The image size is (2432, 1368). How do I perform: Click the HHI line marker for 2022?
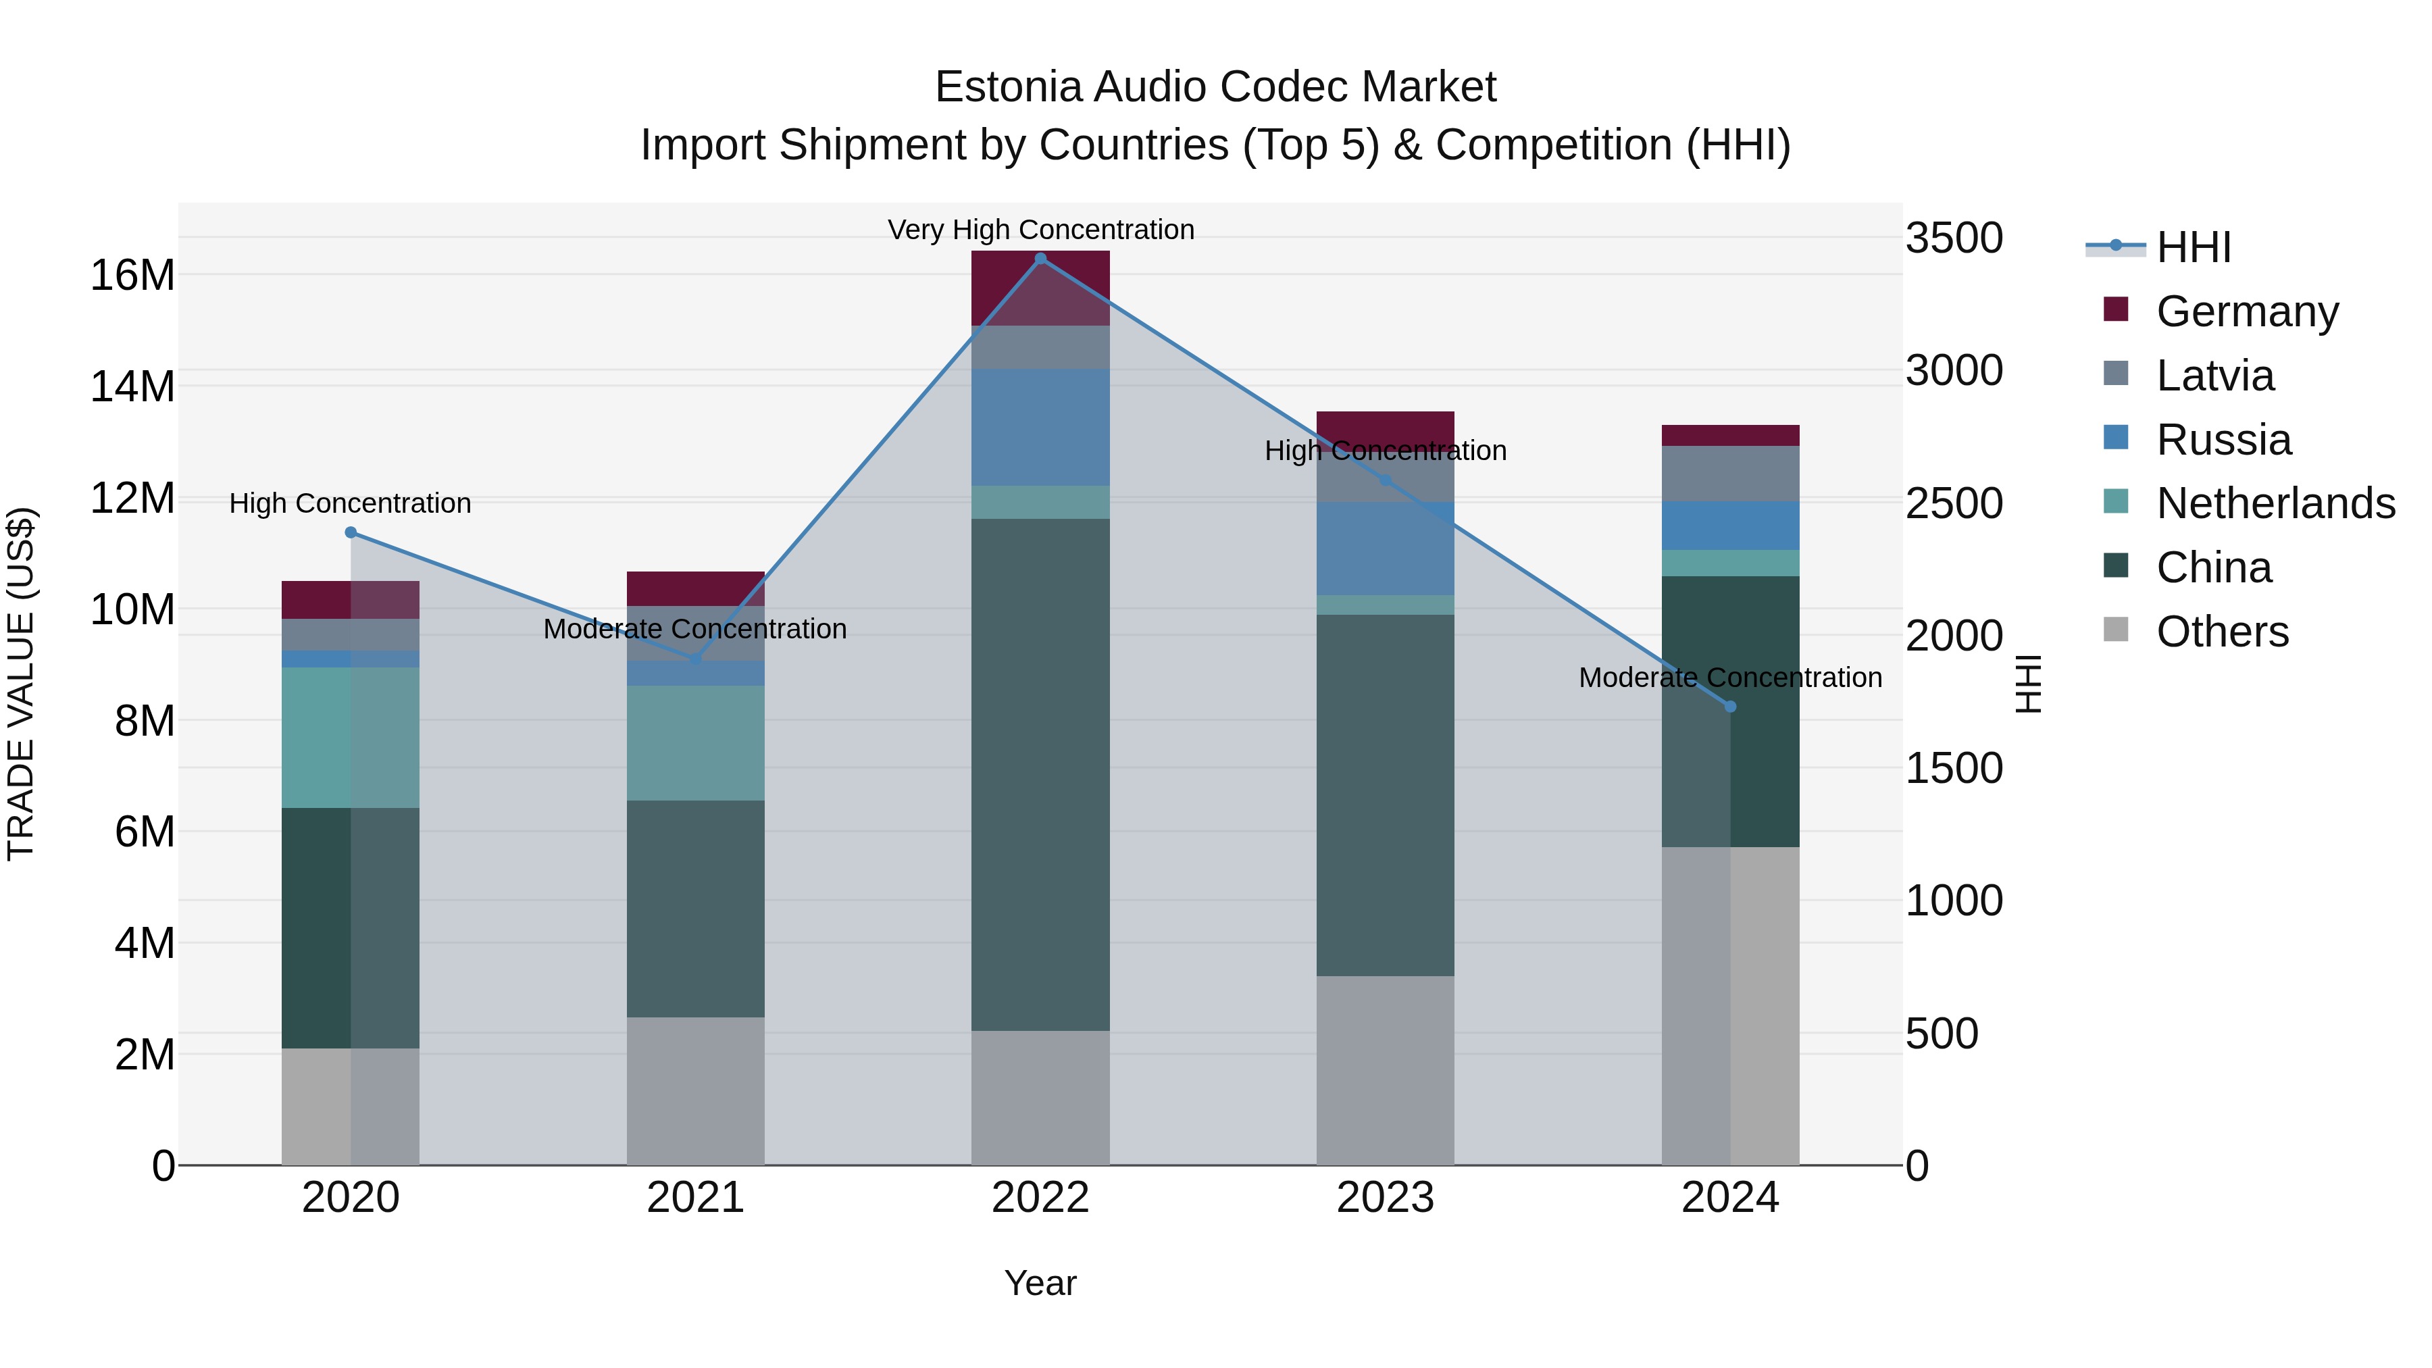pyautogui.click(x=1040, y=259)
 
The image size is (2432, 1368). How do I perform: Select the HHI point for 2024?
pyautogui.click(x=1729, y=706)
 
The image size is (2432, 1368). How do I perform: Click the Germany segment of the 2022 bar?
pyautogui.click(x=1040, y=288)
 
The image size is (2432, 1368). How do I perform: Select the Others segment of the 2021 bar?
pyautogui.click(x=695, y=1090)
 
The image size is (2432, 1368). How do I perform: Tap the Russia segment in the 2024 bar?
pyautogui.click(x=1729, y=526)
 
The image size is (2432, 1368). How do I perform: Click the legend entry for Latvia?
pyautogui.click(x=2215, y=376)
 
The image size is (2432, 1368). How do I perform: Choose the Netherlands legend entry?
pyautogui.click(x=2275, y=503)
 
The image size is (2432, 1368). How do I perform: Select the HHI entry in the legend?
pyautogui.click(x=2193, y=247)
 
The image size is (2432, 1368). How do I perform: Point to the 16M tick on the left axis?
pyautogui.click(x=132, y=276)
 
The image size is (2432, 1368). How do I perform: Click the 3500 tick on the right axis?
pyautogui.click(x=1953, y=238)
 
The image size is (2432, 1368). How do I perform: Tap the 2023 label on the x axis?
pyautogui.click(x=1385, y=1198)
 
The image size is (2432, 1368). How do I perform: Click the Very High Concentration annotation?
pyautogui.click(x=1040, y=230)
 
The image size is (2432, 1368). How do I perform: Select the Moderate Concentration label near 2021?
pyautogui.click(x=695, y=629)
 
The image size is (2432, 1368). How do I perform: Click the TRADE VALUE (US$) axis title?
pyautogui.click(x=21, y=684)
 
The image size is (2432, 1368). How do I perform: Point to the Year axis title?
pyautogui.click(x=1040, y=1283)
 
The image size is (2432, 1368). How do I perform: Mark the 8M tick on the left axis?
pyautogui.click(x=145, y=721)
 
